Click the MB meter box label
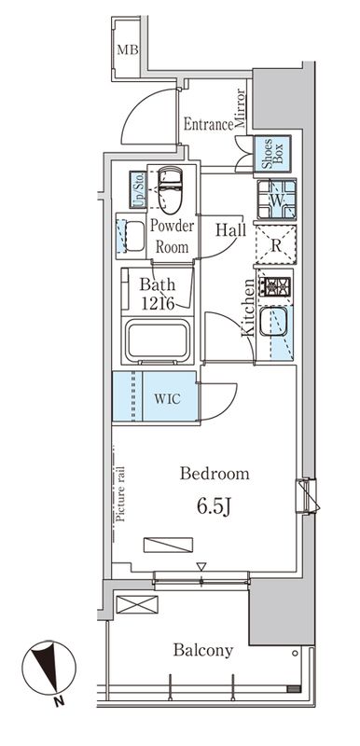click(x=128, y=49)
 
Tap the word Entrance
click(x=208, y=125)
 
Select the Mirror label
click(x=240, y=109)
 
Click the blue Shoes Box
click(x=272, y=153)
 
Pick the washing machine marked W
click(x=277, y=200)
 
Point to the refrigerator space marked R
click(x=276, y=244)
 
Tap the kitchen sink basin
click(x=273, y=322)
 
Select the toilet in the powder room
click(x=170, y=188)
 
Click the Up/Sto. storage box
click(x=138, y=190)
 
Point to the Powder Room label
click(x=173, y=237)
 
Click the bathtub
click(x=158, y=339)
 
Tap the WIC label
click(x=167, y=399)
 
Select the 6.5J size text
click(x=214, y=507)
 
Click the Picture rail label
click(x=119, y=493)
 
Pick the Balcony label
click(x=203, y=650)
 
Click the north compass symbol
click(x=49, y=668)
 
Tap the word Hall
click(x=230, y=230)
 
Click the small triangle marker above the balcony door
click(x=201, y=566)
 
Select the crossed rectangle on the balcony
click(x=137, y=604)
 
